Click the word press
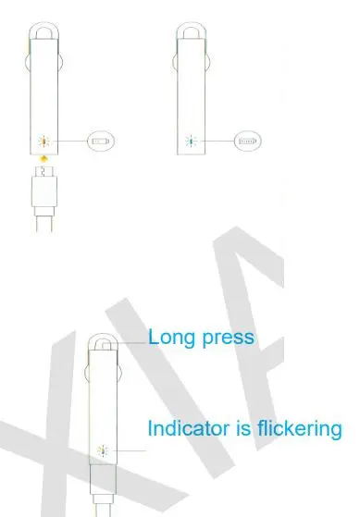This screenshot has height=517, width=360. [x=228, y=339]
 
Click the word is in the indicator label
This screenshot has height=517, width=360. [x=238, y=428]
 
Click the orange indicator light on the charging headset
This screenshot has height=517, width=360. [x=42, y=142]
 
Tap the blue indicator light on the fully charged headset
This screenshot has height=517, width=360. [x=190, y=142]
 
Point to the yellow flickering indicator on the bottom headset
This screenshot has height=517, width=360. [x=102, y=450]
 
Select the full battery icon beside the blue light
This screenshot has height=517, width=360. [x=247, y=142]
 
